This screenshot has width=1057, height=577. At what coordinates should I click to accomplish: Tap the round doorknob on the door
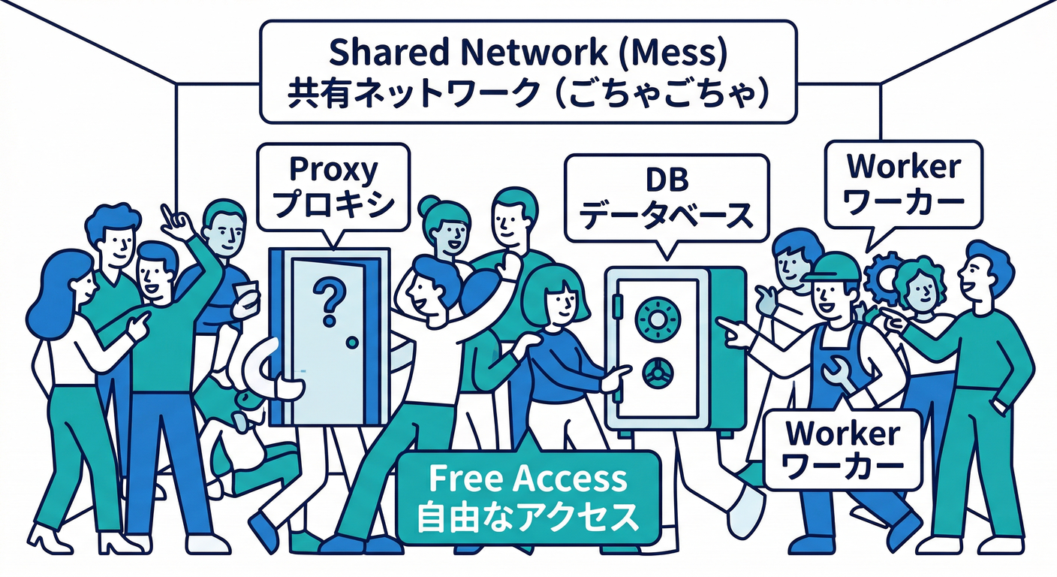pyautogui.click(x=352, y=342)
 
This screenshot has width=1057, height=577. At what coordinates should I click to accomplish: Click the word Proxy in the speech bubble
pyautogui.click(x=333, y=171)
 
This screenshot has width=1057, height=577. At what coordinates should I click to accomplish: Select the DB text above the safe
pyautogui.click(x=667, y=180)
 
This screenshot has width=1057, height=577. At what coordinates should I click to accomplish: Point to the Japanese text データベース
pyautogui.click(x=667, y=215)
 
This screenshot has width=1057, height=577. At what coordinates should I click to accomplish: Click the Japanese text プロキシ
pyautogui.click(x=333, y=204)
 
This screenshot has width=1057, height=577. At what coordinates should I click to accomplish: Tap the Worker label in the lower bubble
pyautogui.click(x=842, y=434)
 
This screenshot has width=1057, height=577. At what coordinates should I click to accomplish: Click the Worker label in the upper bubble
pyautogui.click(x=902, y=167)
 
